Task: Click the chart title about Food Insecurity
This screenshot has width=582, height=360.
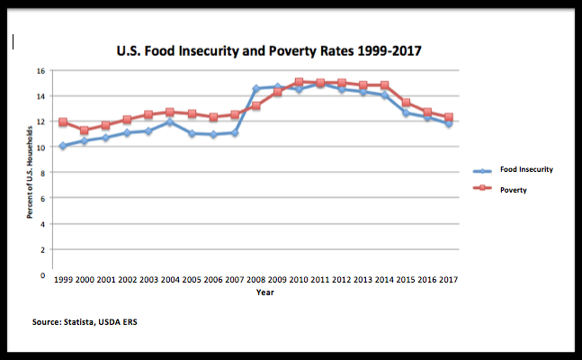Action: click(x=269, y=51)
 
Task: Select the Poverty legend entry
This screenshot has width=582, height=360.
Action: click(x=514, y=190)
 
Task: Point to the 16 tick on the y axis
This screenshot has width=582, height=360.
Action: click(x=40, y=70)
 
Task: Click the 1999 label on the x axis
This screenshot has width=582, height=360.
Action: click(x=62, y=280)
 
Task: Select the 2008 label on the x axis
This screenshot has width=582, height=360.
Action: click(x=256, y=280)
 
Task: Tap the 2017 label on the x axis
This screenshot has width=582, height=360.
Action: click(x=448, y=280)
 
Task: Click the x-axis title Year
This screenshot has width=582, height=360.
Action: click(x=264, y=292)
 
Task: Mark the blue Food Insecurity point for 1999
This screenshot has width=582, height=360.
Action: click(x=62, y=146)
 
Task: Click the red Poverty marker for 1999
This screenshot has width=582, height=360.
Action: click(x=62, y=122)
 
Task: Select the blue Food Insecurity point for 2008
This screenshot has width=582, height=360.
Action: click(x=255, y=89)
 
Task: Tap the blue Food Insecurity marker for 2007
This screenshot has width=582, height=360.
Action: click(x=234, y=132)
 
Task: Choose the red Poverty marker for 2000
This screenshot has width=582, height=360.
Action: click(x=84, y=130)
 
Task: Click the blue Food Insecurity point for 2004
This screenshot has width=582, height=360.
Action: click(x=169, y=122)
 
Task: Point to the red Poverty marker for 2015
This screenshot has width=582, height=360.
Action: click(x=406, y=103)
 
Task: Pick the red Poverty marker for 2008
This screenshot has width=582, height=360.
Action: click(x=255, y=106)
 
